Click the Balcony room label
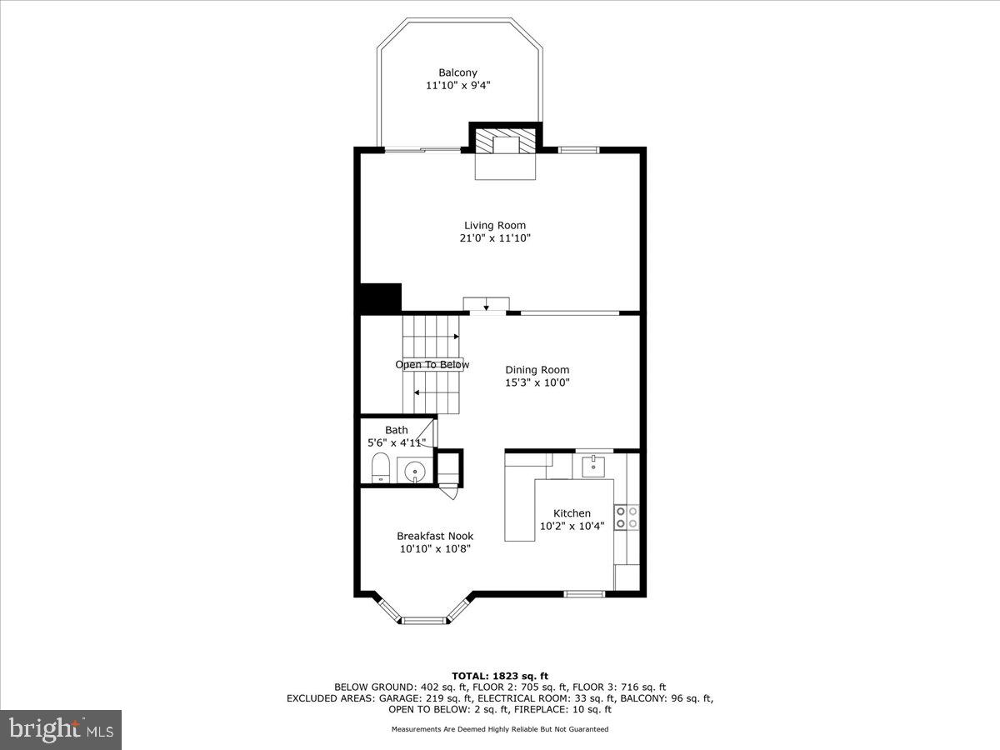[x=457, y=72]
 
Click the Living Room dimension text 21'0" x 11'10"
[x=495, y=238]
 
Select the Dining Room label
[x=537, y=370]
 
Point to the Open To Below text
[x=432, y=365]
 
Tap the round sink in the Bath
[x=414, y=472]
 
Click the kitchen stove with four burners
[x=626, y=517]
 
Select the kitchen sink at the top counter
[x=592, y=463]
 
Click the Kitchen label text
[x=572, y=513]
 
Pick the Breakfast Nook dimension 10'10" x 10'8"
[x=434, y=549]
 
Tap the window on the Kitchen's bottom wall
[x=584, y=594]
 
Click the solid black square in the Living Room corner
[x=380, y=297]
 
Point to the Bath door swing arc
[x=427, y=433]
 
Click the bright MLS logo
[x=61, y=729]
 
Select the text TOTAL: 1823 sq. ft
[x=499, y=676]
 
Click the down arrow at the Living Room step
[x=486, y=305]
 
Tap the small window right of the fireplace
[x=578, y=150]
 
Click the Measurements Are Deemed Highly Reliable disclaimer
[x=500, y=729]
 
